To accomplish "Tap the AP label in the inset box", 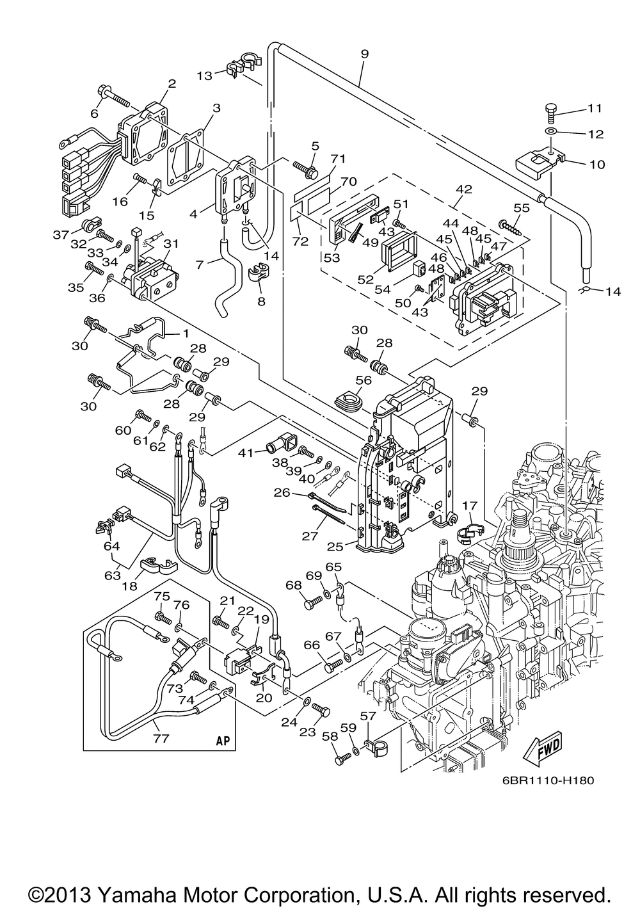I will [x=222, y=740].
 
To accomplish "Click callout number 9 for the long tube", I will [x=364, y=54].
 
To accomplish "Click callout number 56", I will [x=364, y=380].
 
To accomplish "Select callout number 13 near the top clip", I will [x=204, y=76].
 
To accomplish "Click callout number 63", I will [x=113, y=575].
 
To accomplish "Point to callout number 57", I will [x=369, y=716].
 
